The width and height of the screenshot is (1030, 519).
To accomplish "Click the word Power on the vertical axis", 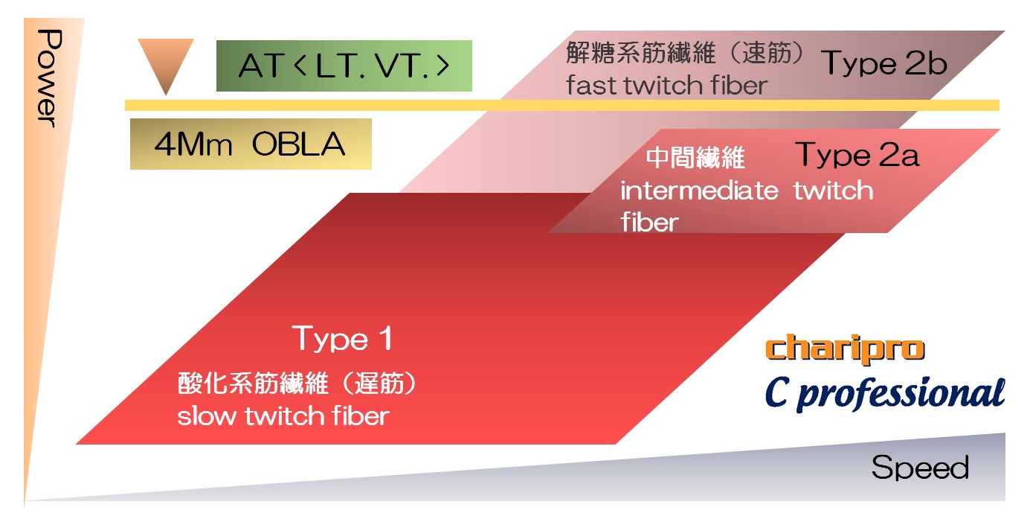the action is [49, 78].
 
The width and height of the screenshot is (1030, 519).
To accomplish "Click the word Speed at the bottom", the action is [920, 468].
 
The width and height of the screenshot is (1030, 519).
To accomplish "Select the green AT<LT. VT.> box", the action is [344, 66].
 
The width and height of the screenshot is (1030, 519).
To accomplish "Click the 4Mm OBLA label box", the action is [251, 144].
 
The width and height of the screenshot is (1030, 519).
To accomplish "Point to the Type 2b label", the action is [883, 63].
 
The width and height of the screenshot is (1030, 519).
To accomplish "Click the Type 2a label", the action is [857, 155].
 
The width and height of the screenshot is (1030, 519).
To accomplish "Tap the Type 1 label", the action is [343, 339].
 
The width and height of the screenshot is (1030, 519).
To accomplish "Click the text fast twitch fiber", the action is [667, 86].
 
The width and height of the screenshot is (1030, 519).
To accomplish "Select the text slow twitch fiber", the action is [283, 415].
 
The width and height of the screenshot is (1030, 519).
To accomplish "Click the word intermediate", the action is [699, 191].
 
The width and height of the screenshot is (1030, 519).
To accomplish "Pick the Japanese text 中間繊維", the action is [695, 158].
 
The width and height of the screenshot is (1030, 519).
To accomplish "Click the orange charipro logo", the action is [845, 349].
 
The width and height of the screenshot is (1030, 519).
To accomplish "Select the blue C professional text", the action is [885, 394].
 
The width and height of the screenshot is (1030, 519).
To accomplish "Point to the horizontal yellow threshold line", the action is [562, 106].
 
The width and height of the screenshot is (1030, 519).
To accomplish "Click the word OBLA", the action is [298, 144].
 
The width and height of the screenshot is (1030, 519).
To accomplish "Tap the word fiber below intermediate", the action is [649, 222].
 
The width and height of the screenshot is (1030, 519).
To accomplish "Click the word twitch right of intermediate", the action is [833, 191].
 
